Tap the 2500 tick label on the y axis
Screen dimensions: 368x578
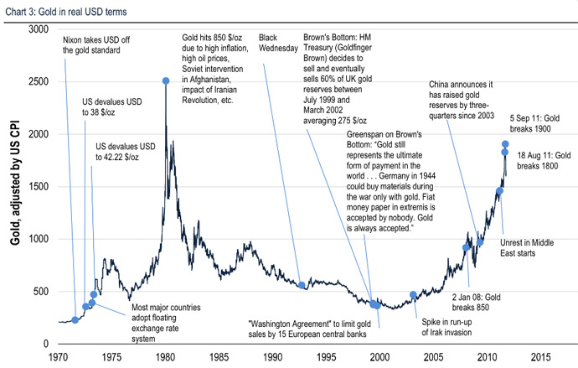point(36,81)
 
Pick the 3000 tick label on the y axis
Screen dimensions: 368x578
point(36,29)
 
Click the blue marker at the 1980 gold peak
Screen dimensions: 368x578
point(165,80)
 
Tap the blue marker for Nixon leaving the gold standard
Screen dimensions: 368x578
point(75,319)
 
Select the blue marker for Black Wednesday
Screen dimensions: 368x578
point(302,285)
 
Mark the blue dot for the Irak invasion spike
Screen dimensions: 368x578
point(413,295)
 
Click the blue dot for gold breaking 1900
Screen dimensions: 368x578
point(505,144)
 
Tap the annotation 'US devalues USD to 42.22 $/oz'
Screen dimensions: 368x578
point(125,151)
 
